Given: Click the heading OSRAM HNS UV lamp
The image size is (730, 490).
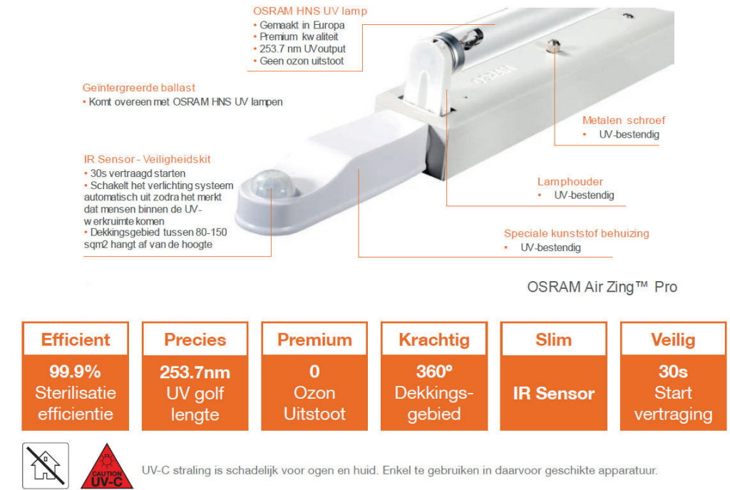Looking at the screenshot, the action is tap(310, 11).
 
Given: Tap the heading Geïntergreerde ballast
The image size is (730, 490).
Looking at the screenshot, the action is tap(139, 88).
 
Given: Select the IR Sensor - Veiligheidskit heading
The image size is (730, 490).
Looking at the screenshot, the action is tap(147, 159).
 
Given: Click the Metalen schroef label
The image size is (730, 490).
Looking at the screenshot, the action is tap(623, 120).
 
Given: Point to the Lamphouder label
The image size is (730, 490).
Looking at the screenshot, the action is tap(570, 182).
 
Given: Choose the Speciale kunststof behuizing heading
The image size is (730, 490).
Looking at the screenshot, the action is tap(576, 233).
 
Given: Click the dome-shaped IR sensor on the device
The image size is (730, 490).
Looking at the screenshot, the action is tap(273, 185).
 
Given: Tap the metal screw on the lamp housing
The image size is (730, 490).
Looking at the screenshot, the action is tap(553, 45).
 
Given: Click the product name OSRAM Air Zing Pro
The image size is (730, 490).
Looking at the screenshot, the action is tap(602, 287).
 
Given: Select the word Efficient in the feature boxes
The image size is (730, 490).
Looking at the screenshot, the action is tap(76, 340).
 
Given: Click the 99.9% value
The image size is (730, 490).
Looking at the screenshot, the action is tap(75, 372).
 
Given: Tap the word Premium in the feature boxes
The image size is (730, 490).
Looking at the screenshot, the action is tap(314, 340).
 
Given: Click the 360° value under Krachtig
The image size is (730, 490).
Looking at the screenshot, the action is tap(434, 372).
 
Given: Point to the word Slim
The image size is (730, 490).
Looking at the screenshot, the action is tap(553, 340).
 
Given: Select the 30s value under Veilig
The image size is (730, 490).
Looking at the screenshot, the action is tap(673, 372).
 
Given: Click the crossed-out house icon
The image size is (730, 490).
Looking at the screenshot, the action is tap(46, 466).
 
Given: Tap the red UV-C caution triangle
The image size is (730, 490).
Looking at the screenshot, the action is tap(107, 467).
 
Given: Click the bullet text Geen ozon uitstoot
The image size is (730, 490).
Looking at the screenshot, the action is tap(302, 61).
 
